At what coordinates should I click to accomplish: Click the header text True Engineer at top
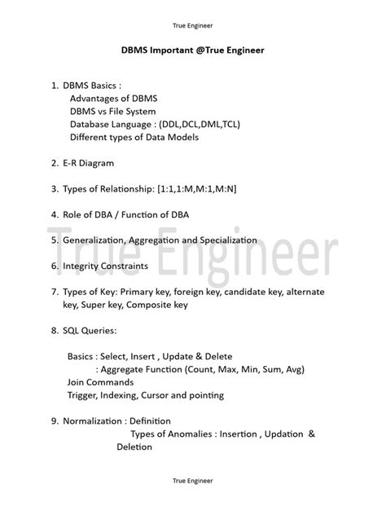coord(192,24)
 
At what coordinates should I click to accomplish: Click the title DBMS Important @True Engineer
coord(192,51)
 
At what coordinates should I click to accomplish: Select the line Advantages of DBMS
coord(113,98)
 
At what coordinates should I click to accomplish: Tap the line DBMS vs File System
coord(112,111)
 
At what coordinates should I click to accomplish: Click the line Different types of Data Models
coord(134,137)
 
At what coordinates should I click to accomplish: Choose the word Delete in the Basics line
coord(217,357)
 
